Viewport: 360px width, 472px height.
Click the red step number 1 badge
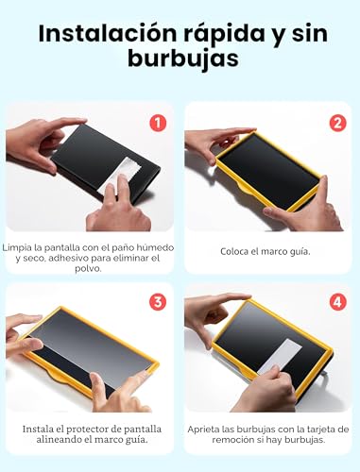click(158, 123)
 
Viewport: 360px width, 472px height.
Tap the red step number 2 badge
click(337, 123)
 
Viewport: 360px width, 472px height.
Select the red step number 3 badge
click(158, 302)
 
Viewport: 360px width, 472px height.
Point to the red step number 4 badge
click(337, 302)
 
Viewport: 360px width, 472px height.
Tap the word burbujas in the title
click(183, 59)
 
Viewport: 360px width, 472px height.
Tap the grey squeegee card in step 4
click(280, 357)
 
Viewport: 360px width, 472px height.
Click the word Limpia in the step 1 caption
click(17, 247)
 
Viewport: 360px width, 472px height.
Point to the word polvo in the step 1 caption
click(88, 269)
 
